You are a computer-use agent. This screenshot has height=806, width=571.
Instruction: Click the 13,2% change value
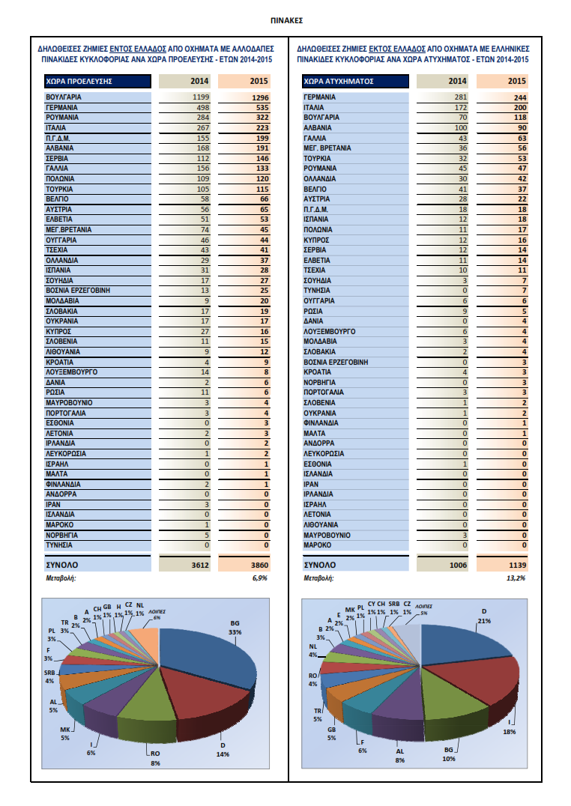click(516, 578)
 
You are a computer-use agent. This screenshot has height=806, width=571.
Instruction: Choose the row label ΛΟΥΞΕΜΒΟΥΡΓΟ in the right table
click(330, 331)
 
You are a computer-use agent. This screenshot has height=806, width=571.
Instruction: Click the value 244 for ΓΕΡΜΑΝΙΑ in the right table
click(519, 97)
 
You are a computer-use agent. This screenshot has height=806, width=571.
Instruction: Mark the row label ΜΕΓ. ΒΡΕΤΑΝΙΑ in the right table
click(327, 148)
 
